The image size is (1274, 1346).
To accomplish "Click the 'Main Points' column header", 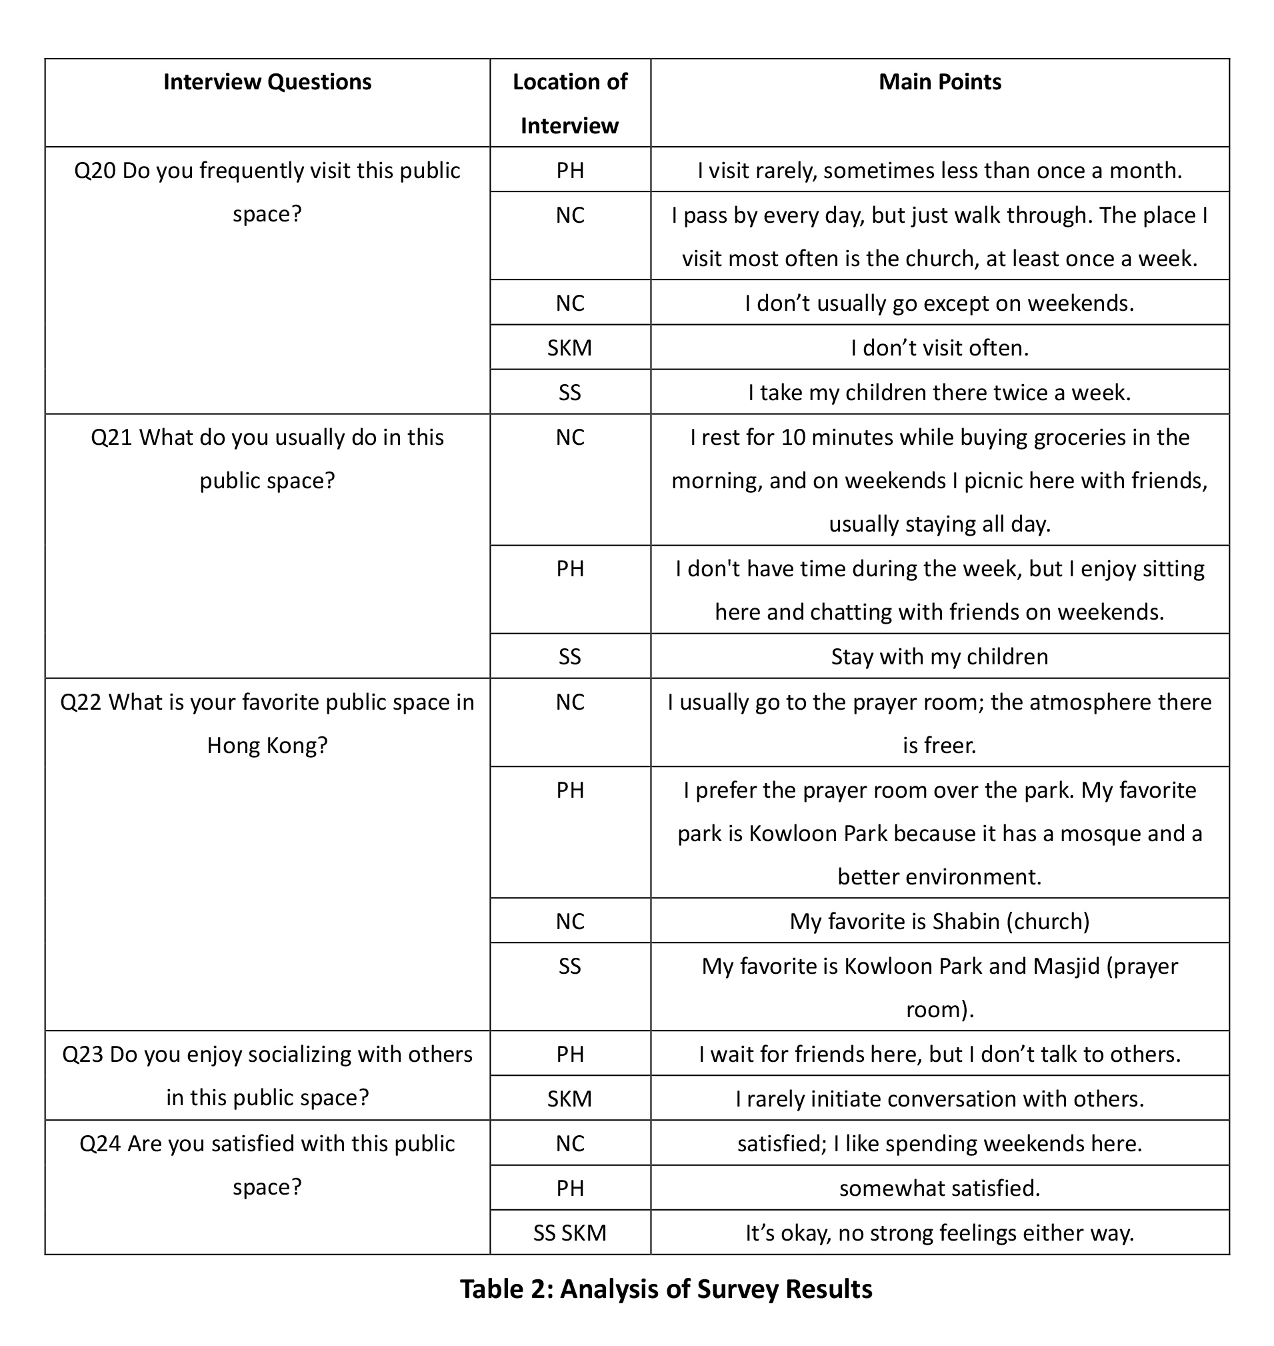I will [x=939, y=82].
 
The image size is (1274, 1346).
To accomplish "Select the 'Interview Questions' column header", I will [x=267, y=82].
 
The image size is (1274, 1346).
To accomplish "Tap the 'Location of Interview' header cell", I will [x=570, y=103].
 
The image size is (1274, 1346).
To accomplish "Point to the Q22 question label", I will [x=81, y=702].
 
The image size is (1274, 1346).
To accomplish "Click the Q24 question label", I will [x=100, y=1143].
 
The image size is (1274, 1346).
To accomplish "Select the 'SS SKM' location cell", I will [x=570, y=1233].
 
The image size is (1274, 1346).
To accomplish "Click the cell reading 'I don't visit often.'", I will [x=939, y=348].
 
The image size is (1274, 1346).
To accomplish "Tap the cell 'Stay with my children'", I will [x=939, y=656].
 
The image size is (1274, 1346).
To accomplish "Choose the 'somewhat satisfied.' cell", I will [x=939, y=1188].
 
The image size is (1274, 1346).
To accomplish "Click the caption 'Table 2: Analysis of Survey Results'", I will [x=666, y=1289].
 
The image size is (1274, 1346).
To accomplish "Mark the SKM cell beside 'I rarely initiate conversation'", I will [x=570, y=1099].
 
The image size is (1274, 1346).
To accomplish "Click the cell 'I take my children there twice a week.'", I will [x=939, y=393].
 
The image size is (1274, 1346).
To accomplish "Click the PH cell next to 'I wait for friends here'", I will [x=570, y=1054].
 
